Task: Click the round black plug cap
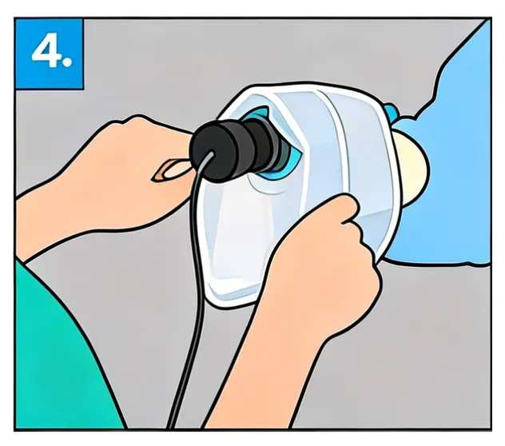tap(209, 146)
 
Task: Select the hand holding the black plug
tap(136, 168)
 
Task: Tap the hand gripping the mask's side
tap(324, 256)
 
